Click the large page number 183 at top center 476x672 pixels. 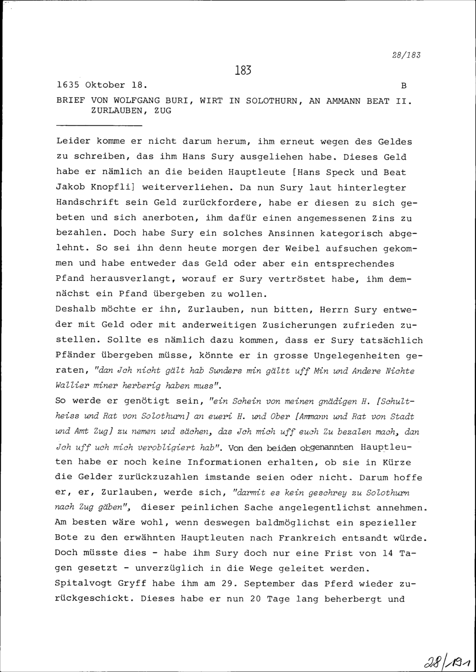coord(242,70)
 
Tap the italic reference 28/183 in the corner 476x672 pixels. coord(407,55)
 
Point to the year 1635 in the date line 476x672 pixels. coord(67,85)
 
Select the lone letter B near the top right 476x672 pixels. coord(404,86)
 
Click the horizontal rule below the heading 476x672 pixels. coord(99,126)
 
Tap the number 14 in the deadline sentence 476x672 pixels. coord(388,553)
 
